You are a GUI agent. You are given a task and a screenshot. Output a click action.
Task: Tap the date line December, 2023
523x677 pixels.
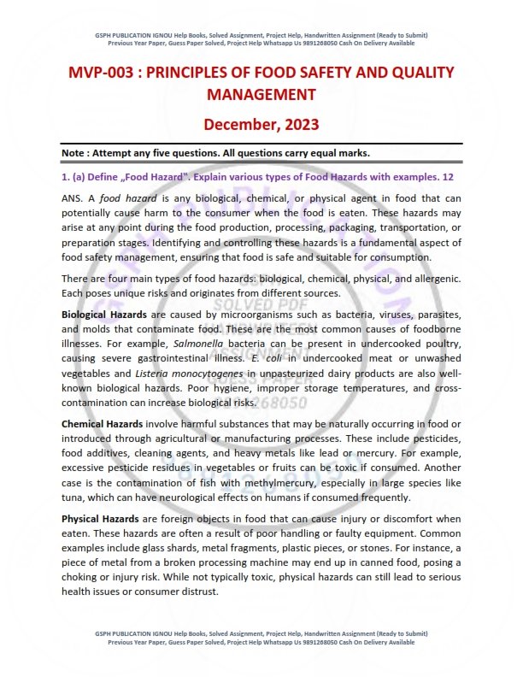tap(261, 124)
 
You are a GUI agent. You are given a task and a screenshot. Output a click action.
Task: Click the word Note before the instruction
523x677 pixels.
tap(77, 153)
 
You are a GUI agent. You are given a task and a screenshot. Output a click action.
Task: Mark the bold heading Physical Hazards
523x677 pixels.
tap(97, 519)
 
